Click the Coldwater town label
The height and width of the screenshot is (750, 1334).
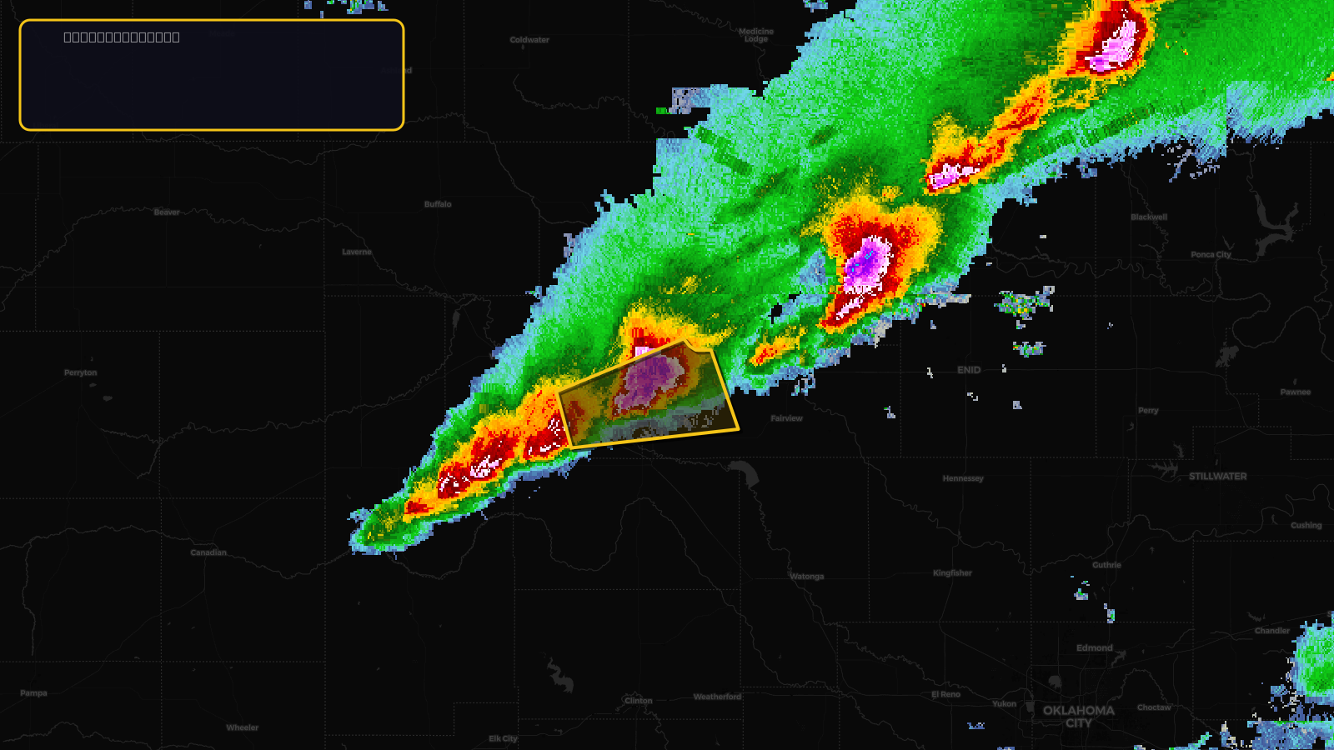[x=529, y=40]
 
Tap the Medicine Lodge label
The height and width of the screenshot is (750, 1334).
[x=756, y=35]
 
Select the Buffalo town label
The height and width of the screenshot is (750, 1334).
[x=438, y=204]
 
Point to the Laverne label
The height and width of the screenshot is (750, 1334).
[x=357, y=252]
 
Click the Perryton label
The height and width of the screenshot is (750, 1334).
[x=81, y=372]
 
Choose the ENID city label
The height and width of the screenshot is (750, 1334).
[x=969, y=370]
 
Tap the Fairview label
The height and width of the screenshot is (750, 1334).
[x=786, y=418]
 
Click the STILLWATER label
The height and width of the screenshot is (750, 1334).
[x=1217, y=477]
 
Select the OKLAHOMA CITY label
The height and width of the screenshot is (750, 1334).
[x=1078, y=717]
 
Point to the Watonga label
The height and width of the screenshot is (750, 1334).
[x=806, y=577]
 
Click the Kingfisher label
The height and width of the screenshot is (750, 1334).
[x=952, y=573]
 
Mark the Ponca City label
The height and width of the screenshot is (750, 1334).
[x=1211, y=255]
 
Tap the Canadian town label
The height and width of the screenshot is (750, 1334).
[x=208, y=552]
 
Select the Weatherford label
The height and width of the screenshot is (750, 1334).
[x=717, y=697]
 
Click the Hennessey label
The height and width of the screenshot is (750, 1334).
[x=963, y=478]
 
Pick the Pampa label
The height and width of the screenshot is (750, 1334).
[x=34, y=693]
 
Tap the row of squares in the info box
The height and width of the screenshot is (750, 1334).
[x=122, y=37]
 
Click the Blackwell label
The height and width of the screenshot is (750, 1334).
[x=1149, y=217]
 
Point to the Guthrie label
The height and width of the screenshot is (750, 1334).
[x=1106, y=565]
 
